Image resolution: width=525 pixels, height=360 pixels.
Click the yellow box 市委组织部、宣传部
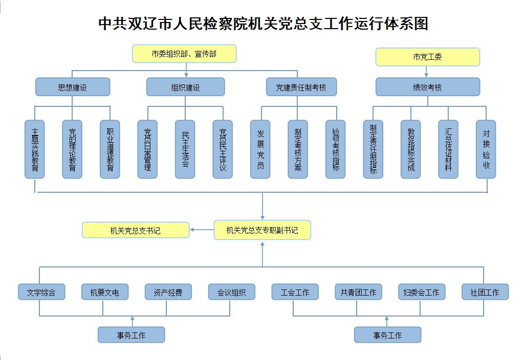[184, 54]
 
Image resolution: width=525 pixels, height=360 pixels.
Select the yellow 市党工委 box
[428, 57]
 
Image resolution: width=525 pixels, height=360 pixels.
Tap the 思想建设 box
[73, 87]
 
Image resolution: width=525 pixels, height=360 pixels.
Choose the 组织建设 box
[185, 87]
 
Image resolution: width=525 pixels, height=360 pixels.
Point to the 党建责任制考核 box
[301, 87]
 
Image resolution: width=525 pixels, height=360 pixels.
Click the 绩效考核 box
[428, 87]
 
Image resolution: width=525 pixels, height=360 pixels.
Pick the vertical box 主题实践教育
[35, 149]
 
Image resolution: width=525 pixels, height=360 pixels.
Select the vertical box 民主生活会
[185, 149]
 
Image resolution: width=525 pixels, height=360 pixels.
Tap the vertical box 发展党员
[260, 149]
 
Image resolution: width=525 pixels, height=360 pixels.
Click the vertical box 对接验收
[486, 149]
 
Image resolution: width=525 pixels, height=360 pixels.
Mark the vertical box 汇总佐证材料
[448, 149]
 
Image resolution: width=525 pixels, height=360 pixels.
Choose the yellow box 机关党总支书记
[136, 230]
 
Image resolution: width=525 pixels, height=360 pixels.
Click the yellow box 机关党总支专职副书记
[262, 230]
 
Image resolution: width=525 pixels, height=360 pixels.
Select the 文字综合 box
[41, 292]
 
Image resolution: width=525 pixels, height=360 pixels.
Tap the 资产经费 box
[168, 292]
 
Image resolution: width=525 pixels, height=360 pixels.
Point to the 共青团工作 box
[358, 292]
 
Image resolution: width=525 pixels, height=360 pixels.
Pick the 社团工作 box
[485, 292]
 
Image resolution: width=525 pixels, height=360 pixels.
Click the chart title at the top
[262, 24]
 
